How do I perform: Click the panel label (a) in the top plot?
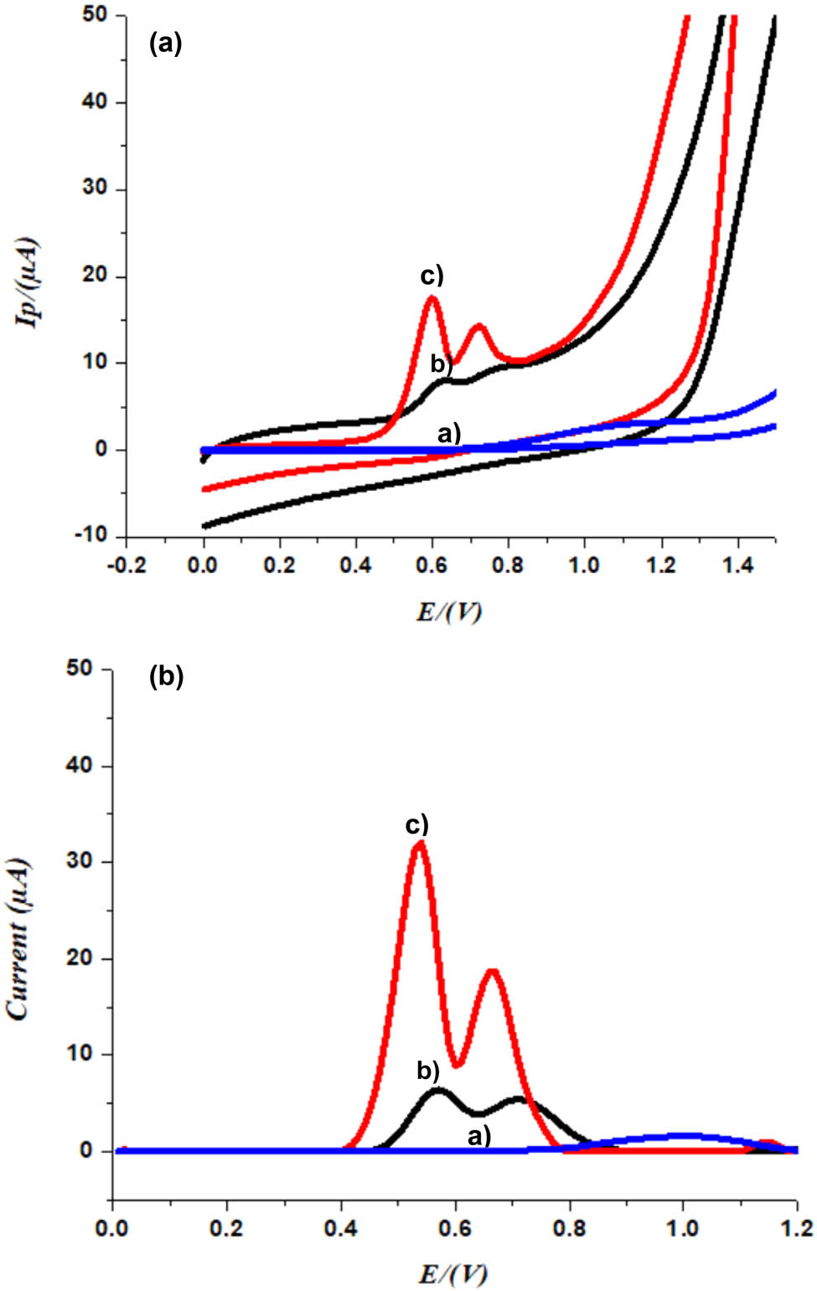pyautogui.click(x=165, y=43)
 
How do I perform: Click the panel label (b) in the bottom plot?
pyautogui.click(x=166, y=677)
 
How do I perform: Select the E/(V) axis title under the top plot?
pyautogui.click(x=450, y=612)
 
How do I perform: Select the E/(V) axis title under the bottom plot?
pyautogui.click(x=452, y=1273)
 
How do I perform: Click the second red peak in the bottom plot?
pyautogui.click(x=493, y=973)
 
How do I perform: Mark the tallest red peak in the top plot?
pyautogui.click(x=432, y=298)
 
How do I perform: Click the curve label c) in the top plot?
pyautogui.click(x=432, y=276)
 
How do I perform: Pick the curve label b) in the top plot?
pyautogui.click(x=441, y=364)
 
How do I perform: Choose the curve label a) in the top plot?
pyautogui.click(x=449, y=433)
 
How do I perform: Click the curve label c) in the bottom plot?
pyautogui.click(x=416, y=824)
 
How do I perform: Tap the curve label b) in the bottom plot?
pyautogui.click(x=428, y=1070)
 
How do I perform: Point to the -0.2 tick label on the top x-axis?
pyautogui.click(x=126, y=565)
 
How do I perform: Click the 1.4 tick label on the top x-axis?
pyautogui.click(x=737, y=565)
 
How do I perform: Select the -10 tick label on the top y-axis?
pyautogui.click(x=90, y=536)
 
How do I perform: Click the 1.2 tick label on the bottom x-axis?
pyautogui.click(x=796, y=1228)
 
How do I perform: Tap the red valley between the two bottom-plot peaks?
pyautogui.click(x=456, y=1064)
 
